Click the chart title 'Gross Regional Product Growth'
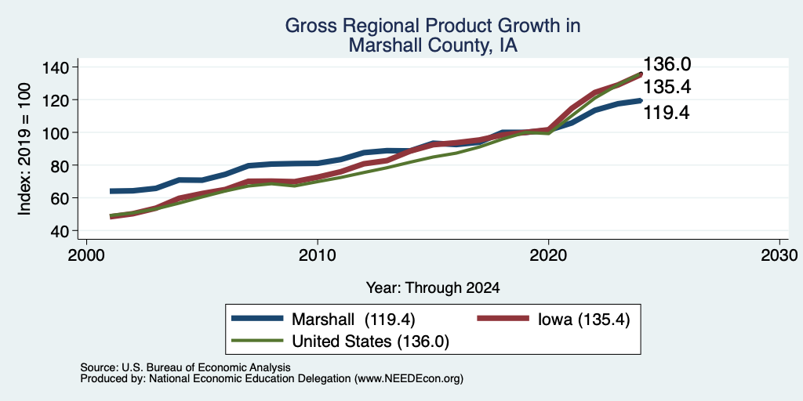click(433, 25)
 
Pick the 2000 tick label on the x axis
click(86, 255)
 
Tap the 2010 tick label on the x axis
click(318, 255)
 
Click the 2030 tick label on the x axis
click(779, 255)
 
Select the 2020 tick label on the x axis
click(548, 255)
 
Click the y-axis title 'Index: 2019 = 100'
click(24, 149)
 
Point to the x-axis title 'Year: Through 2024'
click(433, 288)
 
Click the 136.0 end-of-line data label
click(667, 64)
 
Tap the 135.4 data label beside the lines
click(667, 88)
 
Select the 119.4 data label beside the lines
click(667, 113)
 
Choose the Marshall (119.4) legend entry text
click(354, 320)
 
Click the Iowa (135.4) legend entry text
click(583, 320)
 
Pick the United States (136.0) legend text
click(370, 341)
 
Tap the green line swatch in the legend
click(257, 340)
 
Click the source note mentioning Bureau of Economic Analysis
click(185, 368)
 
